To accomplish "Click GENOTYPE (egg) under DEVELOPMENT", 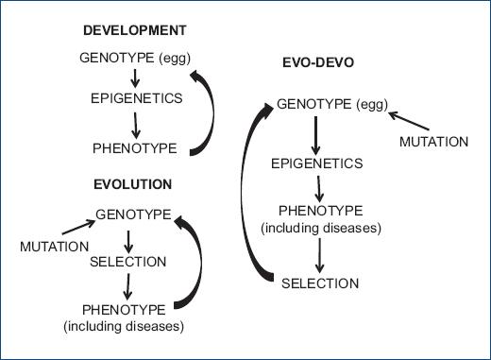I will click(136, 60).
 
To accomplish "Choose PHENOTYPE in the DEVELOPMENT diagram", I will click(135, 147).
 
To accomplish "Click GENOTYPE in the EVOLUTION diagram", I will click(132, 215).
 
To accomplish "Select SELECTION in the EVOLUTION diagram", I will click(133, 261).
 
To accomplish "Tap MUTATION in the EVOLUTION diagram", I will click(49, 247).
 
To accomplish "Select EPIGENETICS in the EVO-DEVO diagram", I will click(316, 163).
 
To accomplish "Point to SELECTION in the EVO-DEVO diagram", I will click(320, 283).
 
